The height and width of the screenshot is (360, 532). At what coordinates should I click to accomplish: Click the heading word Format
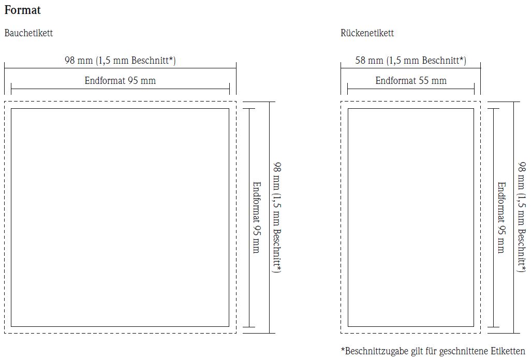tap(22, 10)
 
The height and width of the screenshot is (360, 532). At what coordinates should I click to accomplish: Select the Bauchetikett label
tap(28, 33)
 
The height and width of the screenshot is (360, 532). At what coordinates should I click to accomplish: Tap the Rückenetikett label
tap(367, 33)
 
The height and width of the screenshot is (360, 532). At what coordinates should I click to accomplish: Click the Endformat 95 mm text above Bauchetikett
tap(120, 81)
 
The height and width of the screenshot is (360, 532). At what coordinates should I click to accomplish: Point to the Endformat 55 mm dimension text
tap(411, 81)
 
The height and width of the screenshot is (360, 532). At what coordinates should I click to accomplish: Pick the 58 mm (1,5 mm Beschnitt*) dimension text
tap(410, 61)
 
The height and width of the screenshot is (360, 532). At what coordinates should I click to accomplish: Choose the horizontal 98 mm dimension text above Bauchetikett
tap(120, 61)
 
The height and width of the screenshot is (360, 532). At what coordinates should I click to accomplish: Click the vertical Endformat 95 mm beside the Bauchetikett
tap(256, 217)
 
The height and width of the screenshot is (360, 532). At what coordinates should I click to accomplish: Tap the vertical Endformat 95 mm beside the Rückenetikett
tap(501, 217)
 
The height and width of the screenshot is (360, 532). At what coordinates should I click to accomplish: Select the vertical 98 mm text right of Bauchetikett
tap(277, 217)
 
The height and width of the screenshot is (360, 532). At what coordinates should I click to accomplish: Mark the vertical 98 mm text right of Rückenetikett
tap(522, 217)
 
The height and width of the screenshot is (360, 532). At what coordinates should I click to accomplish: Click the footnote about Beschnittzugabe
tap(433, 351)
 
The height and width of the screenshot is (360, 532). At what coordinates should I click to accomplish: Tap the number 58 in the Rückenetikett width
tap(361, 61)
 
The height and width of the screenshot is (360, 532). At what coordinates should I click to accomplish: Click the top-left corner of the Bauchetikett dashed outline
tap(5, 102)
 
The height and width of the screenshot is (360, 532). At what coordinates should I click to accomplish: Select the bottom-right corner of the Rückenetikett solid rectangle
tap(474, 327)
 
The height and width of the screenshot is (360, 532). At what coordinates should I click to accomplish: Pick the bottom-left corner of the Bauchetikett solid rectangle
tap(11, 327)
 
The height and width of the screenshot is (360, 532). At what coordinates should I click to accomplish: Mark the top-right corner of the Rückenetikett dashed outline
tap(480, 102)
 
